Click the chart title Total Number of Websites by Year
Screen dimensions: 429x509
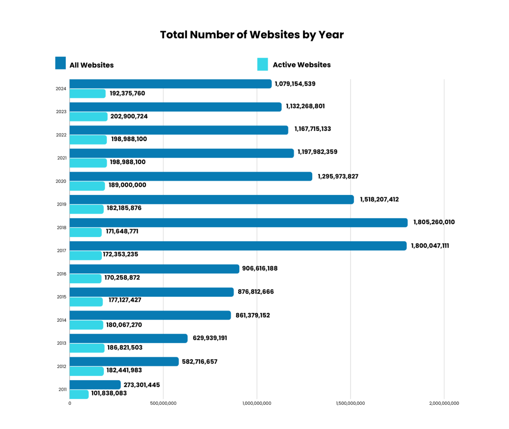click(x=252, y=35)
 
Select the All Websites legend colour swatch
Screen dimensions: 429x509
click(x=61, y=63)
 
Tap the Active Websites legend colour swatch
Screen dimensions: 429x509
click(x=263, y=64)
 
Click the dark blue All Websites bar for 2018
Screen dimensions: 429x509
click(x=238, y=223)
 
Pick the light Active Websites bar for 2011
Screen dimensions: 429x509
click(x=79, y=394)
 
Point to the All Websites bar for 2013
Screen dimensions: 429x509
click(x=128, y=338)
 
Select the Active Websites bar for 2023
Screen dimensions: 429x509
click(x=88, y=117)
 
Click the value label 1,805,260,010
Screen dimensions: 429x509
click(x=434, y=222)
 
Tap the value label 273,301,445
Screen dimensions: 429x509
click(x=142, y=385)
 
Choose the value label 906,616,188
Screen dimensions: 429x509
click(x=260, y=268)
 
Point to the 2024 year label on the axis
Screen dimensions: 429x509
click(x=61, y=89)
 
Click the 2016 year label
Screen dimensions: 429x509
click(x=61, y=274)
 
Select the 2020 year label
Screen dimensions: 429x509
click(x=61, y=181)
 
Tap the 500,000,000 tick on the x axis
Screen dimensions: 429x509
click(x=163, y=404)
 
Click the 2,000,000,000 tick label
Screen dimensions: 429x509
click(x=444, y=404)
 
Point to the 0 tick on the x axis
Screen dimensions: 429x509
click(x=70, y=404)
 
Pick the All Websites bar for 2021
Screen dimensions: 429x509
click(x=182, y=153)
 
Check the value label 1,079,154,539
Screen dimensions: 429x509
click(x=295, y=84)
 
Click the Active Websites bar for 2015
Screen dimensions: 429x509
click(x=86, y=302)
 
